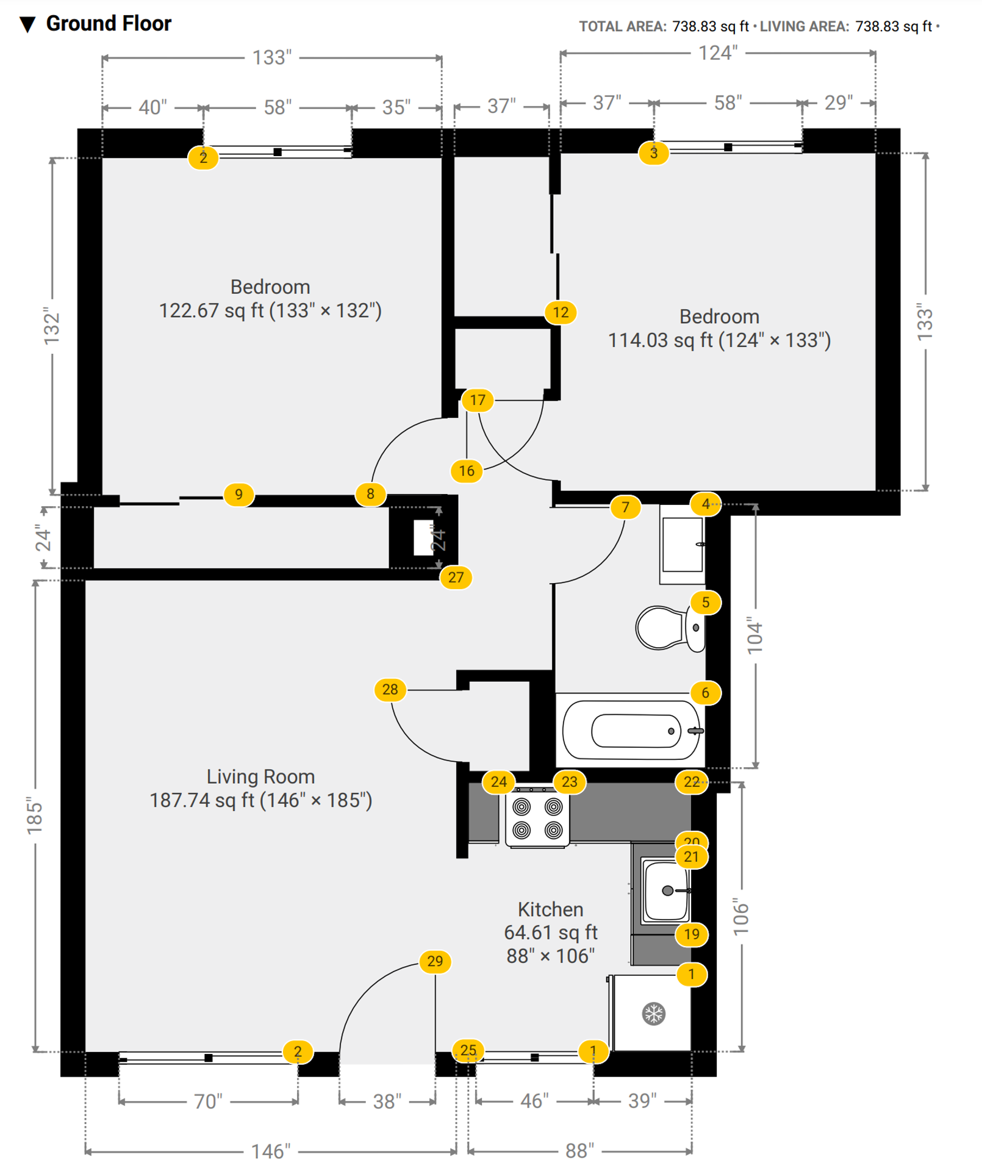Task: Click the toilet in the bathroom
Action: coord(670,628)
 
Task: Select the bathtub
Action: coord(632,730)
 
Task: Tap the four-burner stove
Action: coord(537,817)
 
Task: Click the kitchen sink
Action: coord(666,890)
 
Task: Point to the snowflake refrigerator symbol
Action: coord(653,1014)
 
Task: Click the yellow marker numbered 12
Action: coord(561,312)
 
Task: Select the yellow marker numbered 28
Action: coord(390,689)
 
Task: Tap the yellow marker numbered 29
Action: coord(435,961)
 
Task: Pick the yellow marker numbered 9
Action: coord(238,494)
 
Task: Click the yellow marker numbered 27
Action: coord(456,577)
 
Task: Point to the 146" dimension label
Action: coord(271,1151)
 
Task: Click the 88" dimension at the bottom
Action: coord(579,1150)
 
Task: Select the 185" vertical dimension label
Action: coord(35,815)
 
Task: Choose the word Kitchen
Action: coord(550,909)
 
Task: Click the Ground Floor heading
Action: coord(109,23)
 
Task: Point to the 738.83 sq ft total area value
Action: coord(711,26)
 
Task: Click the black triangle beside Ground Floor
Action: coord(27,24)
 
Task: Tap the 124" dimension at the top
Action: coord(718,53)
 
